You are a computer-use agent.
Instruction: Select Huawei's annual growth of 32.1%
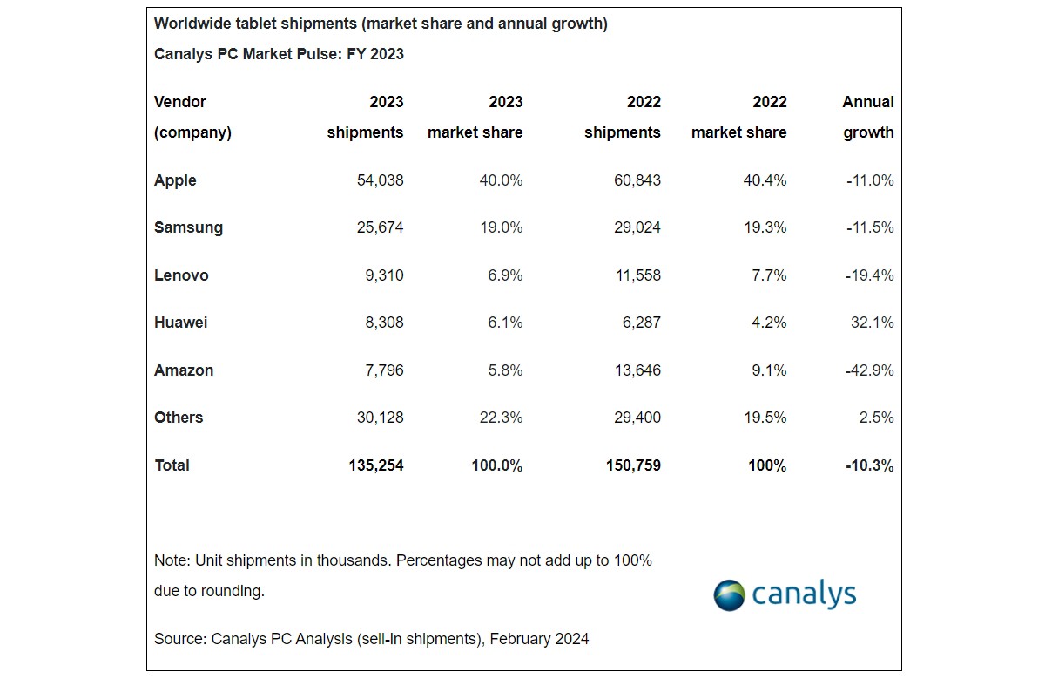[x=873, y=323]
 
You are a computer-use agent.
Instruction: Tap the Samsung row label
[x=188, y=227]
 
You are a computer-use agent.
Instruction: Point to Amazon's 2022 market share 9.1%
[x=767, y=370]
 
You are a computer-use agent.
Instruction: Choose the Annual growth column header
[x=867, y=117]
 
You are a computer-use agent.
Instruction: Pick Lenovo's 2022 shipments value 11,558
[x=632, y=275]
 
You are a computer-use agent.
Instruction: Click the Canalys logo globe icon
[x=729, y=595]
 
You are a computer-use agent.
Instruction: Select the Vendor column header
[x=180, y=102]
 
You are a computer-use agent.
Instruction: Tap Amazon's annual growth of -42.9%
[x=869, y=370]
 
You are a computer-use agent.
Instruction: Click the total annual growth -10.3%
[x=869, y=465]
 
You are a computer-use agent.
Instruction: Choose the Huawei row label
[x=180, y=323]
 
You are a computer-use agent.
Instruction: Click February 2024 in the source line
[x=539, y=639]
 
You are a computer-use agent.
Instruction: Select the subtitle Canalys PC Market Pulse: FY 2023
[x=279, y=54]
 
